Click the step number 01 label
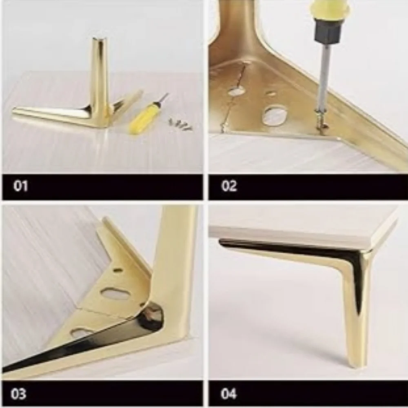click(x=20, y=186)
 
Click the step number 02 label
click(x=229, y=186)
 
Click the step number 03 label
click(x=18, y=394)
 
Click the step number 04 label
click(x=228, y=394)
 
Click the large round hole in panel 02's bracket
click(x=275, y=115)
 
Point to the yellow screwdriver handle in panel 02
click(x=330, y=11)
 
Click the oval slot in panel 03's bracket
click(x=115, y=293)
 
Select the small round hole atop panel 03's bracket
click(x=118, y=270)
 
